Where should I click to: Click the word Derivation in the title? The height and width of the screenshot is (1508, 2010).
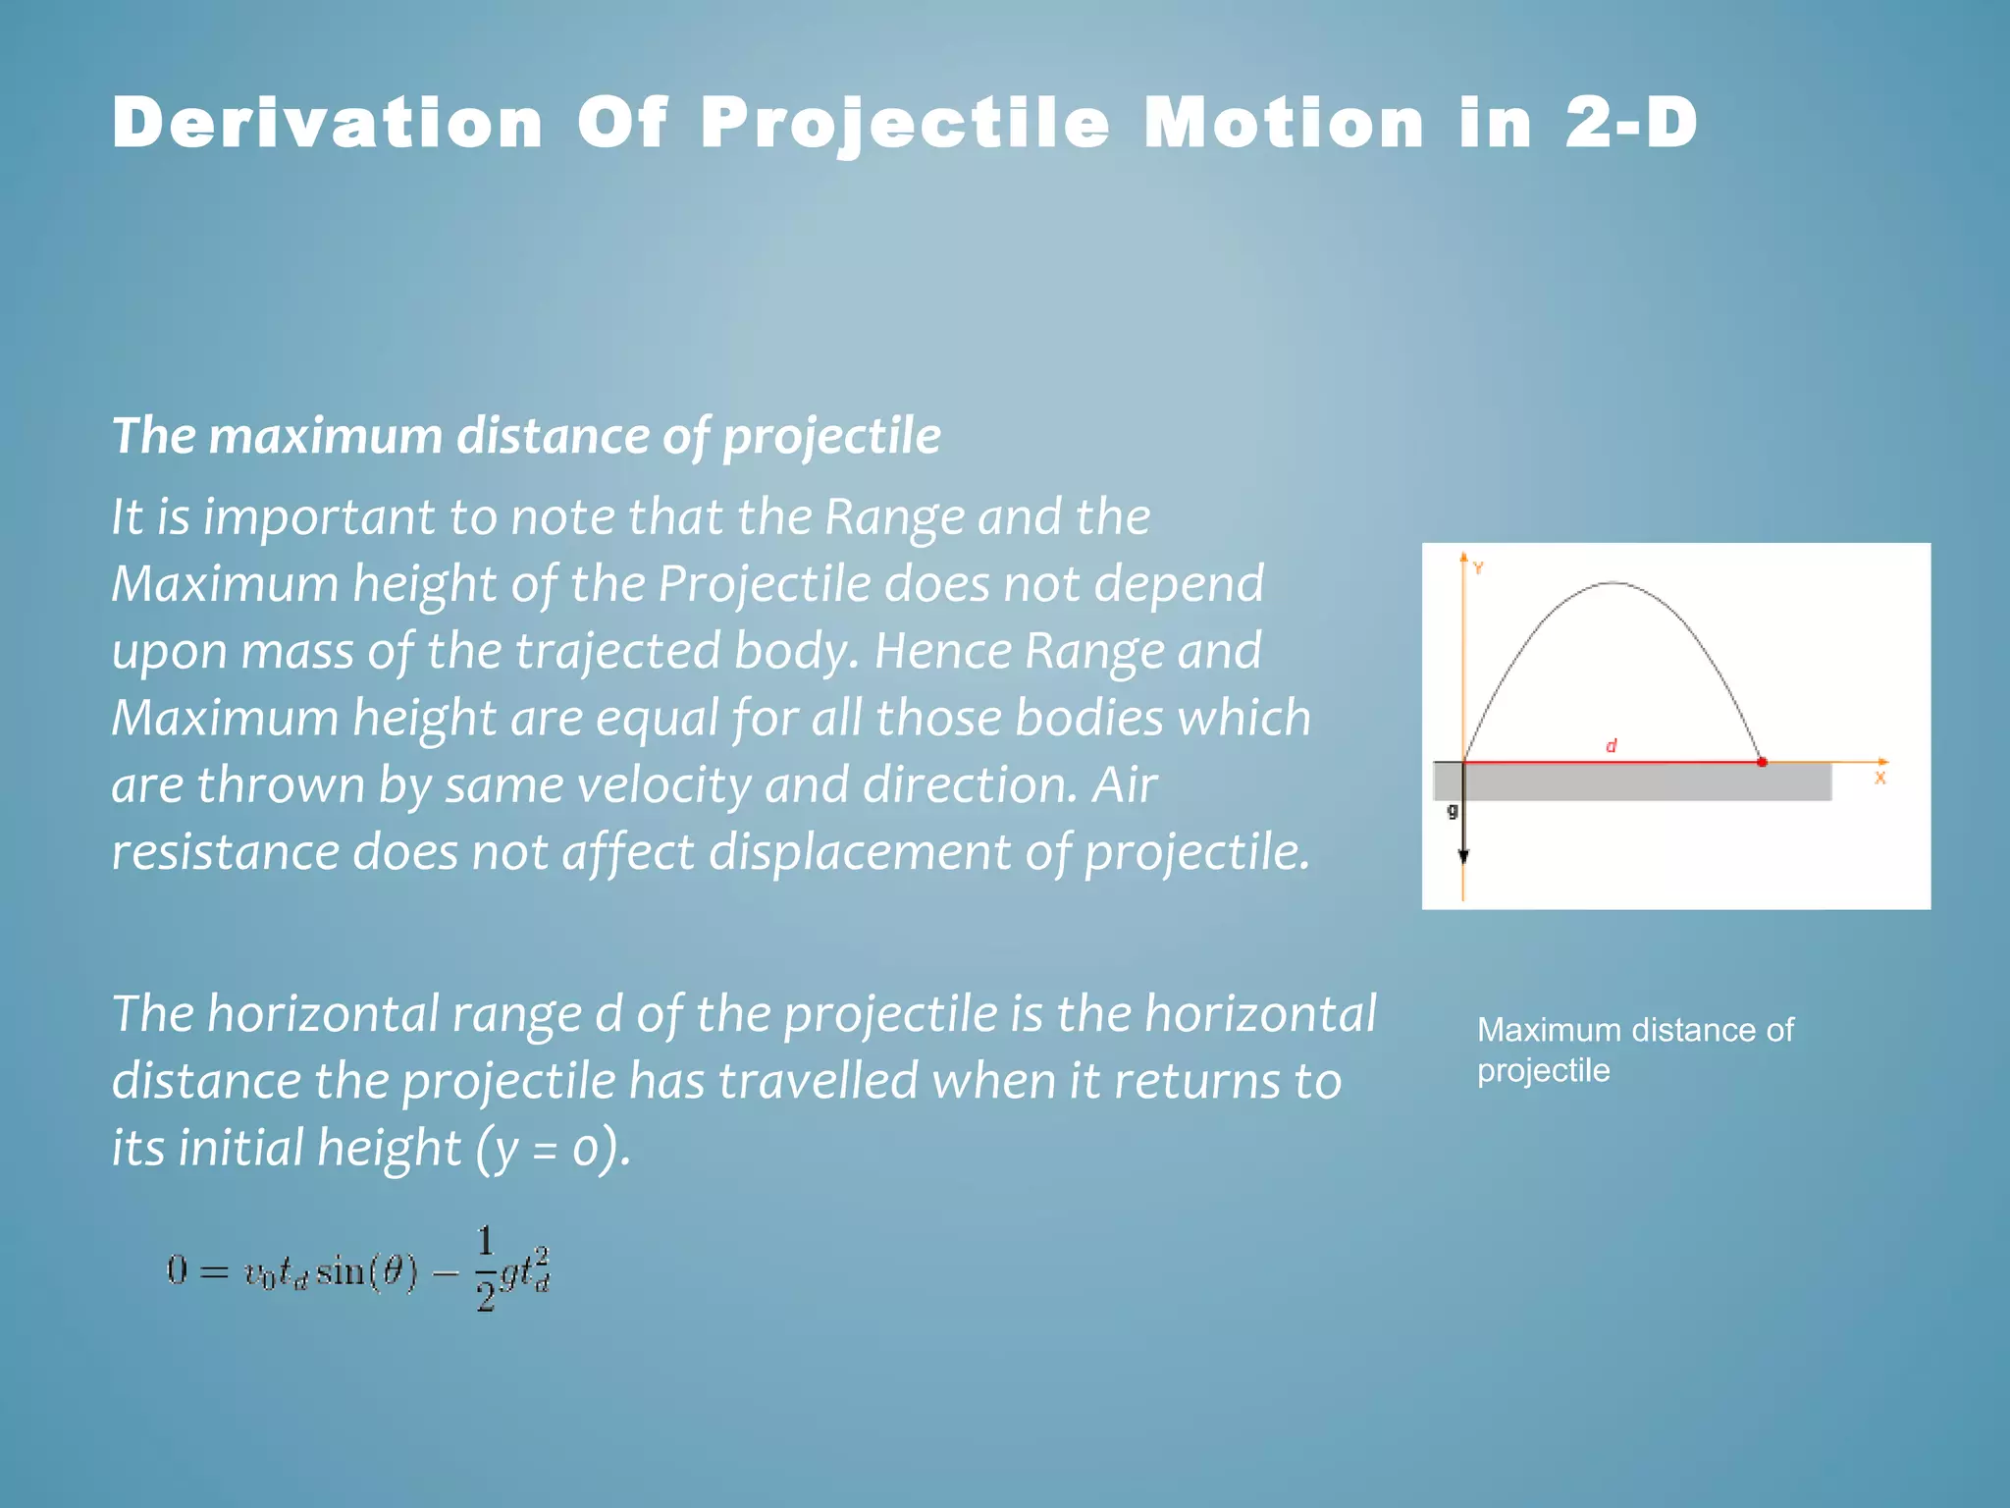[x=327, y=124]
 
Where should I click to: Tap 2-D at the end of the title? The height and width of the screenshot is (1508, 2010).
[x=1630, y=124]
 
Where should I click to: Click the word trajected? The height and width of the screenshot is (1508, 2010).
[x=618, y=651]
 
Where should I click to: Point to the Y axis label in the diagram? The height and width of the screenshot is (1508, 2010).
[x=1478, y=568]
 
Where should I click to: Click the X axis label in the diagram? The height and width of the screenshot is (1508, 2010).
[x=1879, y=778]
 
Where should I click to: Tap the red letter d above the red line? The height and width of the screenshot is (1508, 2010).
[x=1611, y=746]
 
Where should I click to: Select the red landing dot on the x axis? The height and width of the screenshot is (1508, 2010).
[x=1762, y=762]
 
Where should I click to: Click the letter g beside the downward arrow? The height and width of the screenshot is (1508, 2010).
[x=1453, y=811]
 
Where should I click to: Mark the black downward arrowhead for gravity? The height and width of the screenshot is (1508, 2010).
[x=1463, y=856]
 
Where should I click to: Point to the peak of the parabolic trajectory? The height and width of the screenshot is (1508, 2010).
[x=1613, y=583]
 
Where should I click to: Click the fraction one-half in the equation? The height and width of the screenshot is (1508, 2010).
[x=485, y=1269]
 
